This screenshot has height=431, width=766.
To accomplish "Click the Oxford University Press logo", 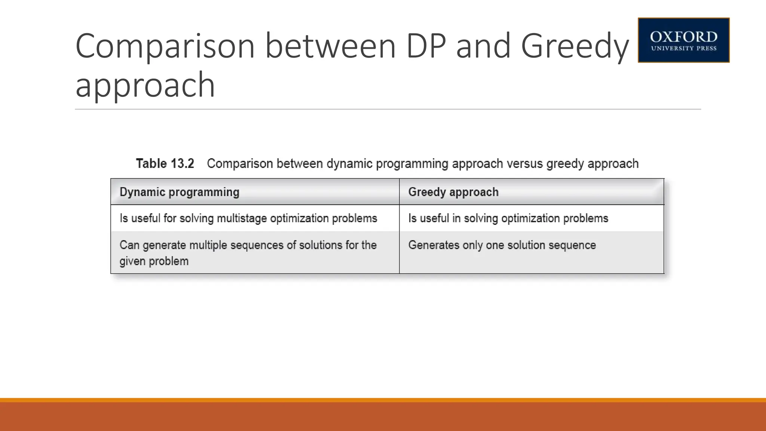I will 683,40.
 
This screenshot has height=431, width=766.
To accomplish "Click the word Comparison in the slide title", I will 165,46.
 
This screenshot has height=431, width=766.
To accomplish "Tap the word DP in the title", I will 426,46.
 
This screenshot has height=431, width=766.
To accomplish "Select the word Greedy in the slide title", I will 575,47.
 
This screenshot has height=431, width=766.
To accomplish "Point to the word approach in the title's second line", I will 145,86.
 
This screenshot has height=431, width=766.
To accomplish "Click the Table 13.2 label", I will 165,163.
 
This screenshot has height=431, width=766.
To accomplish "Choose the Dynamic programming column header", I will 179,192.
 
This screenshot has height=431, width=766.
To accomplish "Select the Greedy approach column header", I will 453,192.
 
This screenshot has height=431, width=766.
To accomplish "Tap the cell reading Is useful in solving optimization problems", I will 508,218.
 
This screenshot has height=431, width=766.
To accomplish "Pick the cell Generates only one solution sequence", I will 502,245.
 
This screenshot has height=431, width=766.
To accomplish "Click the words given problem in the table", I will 154,261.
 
